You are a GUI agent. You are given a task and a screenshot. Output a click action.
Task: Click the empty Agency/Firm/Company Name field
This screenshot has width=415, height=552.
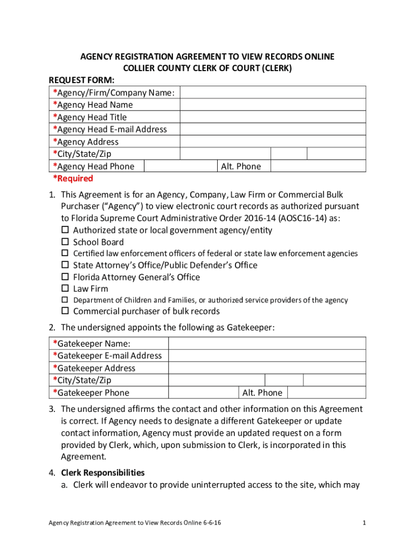(273, 93)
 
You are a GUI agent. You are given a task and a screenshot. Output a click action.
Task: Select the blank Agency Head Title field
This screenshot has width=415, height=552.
(273, 117)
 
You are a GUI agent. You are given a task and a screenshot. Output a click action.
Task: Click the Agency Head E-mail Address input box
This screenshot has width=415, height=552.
(273, 129)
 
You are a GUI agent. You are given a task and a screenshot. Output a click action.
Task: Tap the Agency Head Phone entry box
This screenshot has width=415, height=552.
(180, 167)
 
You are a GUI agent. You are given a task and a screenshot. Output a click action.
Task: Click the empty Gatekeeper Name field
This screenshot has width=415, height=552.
(267, 343)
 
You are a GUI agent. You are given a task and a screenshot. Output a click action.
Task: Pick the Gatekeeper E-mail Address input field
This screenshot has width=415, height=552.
(267, 356)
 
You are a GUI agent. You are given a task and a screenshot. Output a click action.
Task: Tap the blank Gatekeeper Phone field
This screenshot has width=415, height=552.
(204, 393)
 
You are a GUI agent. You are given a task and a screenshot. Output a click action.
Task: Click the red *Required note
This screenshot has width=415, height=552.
(73, 178)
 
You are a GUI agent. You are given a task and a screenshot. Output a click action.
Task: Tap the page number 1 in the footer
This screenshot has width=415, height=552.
(365, 523)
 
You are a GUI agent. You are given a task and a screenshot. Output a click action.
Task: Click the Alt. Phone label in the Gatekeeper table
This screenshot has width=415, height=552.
(262, 393)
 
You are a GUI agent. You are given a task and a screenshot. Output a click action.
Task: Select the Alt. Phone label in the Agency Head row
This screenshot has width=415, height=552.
(240, 167)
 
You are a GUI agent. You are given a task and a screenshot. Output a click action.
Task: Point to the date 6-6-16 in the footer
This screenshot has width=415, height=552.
(215, 523)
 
